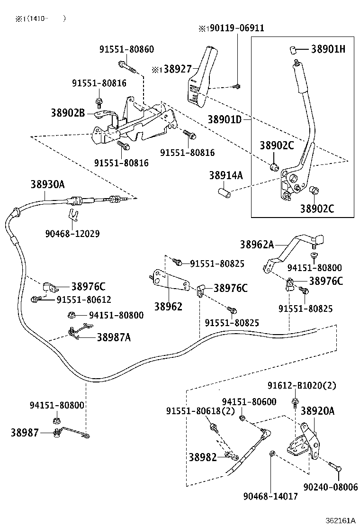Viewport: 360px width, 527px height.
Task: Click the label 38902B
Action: [68, 113]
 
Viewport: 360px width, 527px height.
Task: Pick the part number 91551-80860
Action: [126, 49]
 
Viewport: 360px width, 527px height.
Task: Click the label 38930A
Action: [48, 184]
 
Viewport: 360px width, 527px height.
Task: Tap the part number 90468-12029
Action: [72, 234]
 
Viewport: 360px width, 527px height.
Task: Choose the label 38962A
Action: [257, 245]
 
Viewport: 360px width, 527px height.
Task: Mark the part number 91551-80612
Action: [84, 299]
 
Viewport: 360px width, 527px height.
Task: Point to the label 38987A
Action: [114, 337]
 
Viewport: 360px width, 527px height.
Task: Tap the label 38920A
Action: [317, 410]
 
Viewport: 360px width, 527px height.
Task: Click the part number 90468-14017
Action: [270, 496]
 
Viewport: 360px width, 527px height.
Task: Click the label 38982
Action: [203, 457]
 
